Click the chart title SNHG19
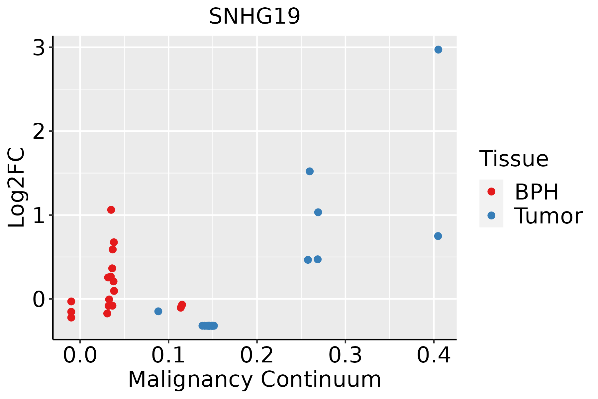254,16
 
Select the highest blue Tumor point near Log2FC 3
438,50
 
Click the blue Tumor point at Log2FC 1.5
310,171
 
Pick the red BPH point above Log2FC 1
111,210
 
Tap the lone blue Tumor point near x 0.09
158,311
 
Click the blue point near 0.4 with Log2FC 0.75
438,236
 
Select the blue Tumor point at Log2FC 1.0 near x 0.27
318,212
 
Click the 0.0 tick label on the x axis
80,355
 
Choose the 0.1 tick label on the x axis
168,355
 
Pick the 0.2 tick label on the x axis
257,355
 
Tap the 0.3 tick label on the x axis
345,355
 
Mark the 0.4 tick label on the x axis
434,355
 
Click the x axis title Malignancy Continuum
254,379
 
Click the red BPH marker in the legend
491,192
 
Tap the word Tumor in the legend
548,216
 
